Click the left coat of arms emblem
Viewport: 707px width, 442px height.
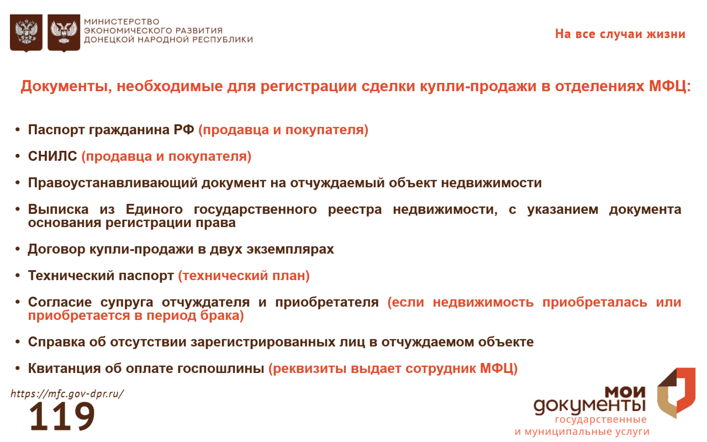click(x=26, y=33)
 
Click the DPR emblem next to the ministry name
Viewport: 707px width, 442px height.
click(x=64, y=33)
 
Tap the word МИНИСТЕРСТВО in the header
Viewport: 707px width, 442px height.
click(x=122, y=22)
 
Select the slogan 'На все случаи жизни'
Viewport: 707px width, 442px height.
click(x=620, y=34)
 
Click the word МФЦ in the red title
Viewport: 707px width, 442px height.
click(x=670, y=86)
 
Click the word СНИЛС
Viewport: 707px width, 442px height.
click(x=52, y=156)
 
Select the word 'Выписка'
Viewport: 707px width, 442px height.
click(x=58, y=209)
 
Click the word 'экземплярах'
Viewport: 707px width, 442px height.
click(x=290, y=249)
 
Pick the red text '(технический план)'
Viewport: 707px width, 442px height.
click(x=244, y=276)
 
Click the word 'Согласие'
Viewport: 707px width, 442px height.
click(x=60, y=302)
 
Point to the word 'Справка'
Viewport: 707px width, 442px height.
click(x=56, y=342)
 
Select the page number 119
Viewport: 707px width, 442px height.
click(x=62, y=416)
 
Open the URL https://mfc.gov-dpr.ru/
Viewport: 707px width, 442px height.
click(x=67, y=394)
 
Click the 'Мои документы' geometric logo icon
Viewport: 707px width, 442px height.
click(x=677, y=393)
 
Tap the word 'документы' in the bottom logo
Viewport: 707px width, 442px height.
click(x=589, y=406)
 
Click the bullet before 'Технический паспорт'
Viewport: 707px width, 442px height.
click(x=18, y=276)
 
